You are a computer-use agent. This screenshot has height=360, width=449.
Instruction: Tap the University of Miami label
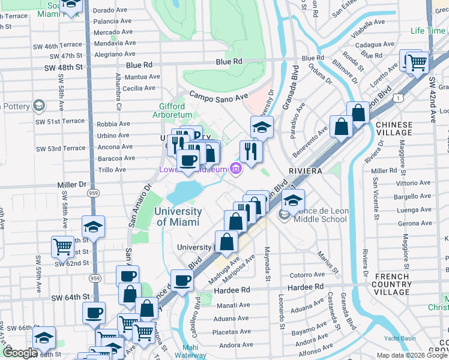(178, 217)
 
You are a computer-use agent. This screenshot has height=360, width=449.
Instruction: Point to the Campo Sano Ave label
(218, 95)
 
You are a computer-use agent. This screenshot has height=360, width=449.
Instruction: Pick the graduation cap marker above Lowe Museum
(261, 127)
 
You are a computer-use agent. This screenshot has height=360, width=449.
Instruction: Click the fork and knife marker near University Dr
(250, 150)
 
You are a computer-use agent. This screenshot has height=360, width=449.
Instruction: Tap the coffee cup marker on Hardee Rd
(182, 280)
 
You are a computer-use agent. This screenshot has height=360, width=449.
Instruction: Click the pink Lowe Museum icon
(236, 170)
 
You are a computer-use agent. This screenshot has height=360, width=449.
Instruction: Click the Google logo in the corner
(20, 353)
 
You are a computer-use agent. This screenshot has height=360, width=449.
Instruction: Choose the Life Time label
(428, 31)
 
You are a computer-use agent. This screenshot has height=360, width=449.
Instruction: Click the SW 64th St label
(70, 297)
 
